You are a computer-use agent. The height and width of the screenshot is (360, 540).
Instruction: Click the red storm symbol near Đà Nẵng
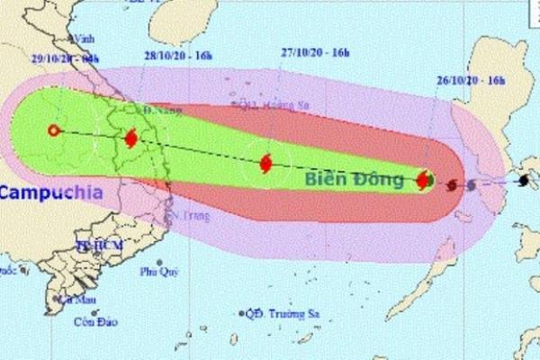tap(131, 139)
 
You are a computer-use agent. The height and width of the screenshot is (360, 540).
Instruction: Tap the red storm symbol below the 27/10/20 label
tap(266, 164)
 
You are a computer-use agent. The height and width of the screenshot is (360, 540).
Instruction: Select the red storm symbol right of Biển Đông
tap(423, 180)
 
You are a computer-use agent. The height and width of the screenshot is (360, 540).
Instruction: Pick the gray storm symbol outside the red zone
tap(471, 185)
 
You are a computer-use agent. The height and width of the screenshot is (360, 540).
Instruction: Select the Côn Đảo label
tap(91, 321)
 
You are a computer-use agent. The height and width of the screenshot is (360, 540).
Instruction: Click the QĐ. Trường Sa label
tap(280, 313)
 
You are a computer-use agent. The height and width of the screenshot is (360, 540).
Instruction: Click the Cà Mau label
tap(76, 299)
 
